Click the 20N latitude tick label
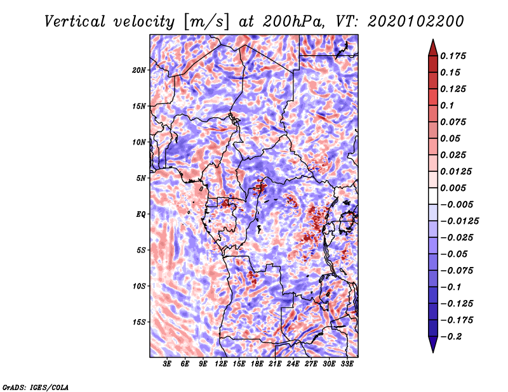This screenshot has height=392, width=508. click(138, 70)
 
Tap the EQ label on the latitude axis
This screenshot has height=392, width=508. click(140, 214)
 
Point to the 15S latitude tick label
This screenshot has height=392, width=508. click(139, 322)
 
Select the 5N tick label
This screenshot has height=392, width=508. click(141, 178)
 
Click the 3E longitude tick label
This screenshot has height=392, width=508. click(167, 364)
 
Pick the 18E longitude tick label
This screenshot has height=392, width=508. click(257, 364)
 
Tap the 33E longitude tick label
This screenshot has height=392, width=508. click(347, 364)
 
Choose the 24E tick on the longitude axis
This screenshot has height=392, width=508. click(293, 364)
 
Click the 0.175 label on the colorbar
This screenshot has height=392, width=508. click(453, 56)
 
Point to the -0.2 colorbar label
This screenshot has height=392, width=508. click(451, 337)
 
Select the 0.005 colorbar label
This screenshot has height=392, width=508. click(453, 188)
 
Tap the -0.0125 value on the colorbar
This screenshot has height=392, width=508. click(459, 221)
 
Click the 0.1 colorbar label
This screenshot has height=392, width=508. click(447, 105)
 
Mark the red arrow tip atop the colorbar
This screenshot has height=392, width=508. click(433, 40)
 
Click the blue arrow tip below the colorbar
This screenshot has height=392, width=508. click(433, 351)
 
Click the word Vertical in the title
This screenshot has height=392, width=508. click(75, 22)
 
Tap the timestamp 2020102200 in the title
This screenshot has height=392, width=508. click(416, 22)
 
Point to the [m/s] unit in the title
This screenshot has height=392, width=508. click(206, 22)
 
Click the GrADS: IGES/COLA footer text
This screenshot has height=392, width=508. click(36, 387)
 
